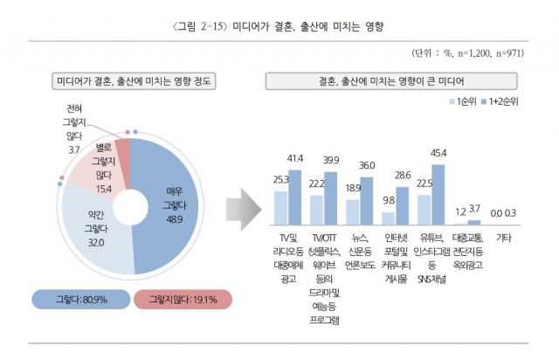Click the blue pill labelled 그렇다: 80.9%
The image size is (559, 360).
pos(79,300)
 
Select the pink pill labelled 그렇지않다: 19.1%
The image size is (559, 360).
pos(183,300)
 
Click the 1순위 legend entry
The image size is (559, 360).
pos(460,102)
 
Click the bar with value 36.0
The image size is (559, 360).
pos(367,202)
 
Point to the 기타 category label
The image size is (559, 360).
pos(504,238)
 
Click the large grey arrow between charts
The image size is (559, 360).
pos(242,209)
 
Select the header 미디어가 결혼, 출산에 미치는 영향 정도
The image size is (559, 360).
pos(134,81)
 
